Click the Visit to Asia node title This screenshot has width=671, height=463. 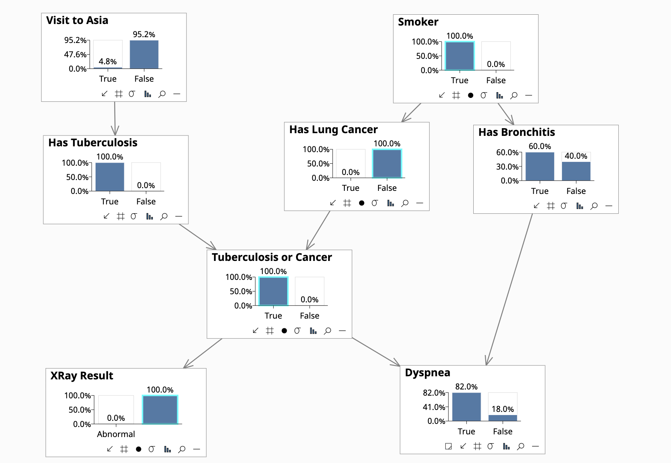[x=77, y=20]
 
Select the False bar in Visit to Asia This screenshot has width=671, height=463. [x=144, y=55]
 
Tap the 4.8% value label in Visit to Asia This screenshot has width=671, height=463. [x=108, y=61]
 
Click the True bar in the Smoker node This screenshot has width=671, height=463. [x=460, y=56]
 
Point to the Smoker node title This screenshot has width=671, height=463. [x=418, y=22]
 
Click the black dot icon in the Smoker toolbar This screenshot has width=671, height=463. [x=471, y=95]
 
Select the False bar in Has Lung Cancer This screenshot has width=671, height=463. [x=387, y=163]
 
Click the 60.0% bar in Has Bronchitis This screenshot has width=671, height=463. [x=540, y=166]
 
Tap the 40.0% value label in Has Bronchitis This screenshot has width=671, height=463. [x=576, y=156]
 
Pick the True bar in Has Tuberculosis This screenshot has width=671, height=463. [x=110, y=177]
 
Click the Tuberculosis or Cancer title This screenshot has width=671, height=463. [x=272, y=257]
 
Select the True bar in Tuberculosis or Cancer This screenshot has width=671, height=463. [x=273, y=291]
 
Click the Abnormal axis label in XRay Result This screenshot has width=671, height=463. [x=116, y=434]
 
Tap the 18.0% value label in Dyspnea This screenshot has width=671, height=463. [x=503, y=409]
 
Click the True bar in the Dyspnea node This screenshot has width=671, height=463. [x=466, y=407]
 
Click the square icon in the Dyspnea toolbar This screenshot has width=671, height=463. [x=448, y=446]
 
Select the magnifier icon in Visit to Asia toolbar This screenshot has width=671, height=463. [x=162, y=94]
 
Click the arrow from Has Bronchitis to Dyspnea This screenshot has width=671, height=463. [x=509, y=289]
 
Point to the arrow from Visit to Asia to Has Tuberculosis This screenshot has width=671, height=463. [x=115, y=118]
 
